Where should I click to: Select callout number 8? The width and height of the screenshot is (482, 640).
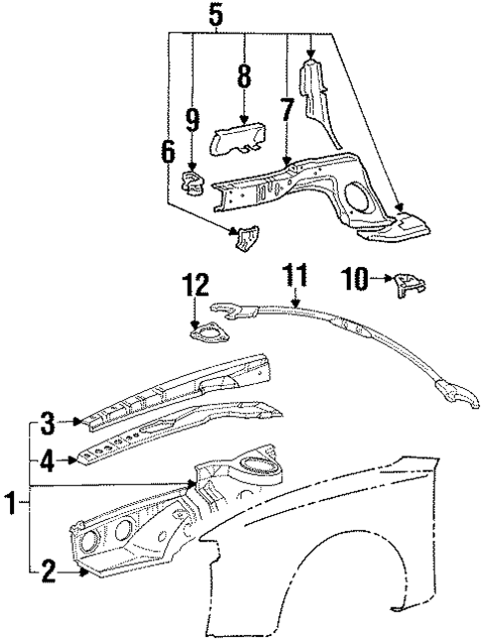pos(242,77)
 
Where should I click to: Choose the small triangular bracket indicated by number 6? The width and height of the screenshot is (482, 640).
pos(243,239)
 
